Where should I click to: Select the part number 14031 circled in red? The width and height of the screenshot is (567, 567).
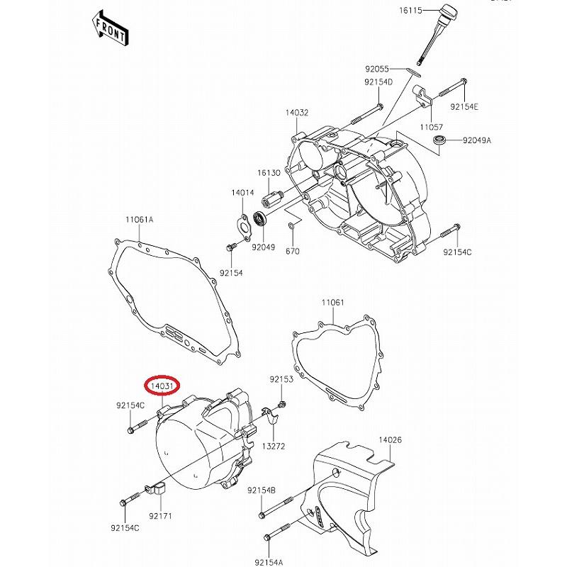162,386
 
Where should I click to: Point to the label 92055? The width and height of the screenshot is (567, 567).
378,69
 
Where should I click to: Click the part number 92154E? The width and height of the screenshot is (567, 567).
465,107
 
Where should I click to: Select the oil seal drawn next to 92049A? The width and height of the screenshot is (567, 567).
440,140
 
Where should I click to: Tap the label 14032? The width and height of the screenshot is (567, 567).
297,113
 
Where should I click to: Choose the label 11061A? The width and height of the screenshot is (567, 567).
140,220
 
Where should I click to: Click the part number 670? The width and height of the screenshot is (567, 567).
293,251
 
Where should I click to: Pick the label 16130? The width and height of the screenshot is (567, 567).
269,173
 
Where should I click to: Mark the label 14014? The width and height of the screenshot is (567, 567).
242,192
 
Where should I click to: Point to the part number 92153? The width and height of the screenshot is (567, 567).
281,380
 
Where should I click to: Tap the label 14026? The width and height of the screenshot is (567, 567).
390,440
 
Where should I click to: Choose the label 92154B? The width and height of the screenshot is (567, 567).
262,490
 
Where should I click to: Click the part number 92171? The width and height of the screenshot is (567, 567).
161,518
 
